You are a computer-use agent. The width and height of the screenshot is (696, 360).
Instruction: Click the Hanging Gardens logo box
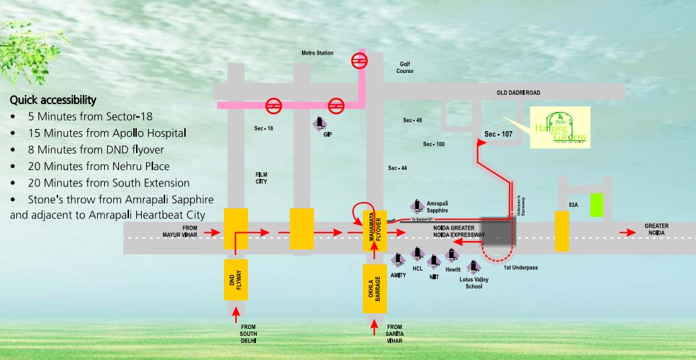point(560,128)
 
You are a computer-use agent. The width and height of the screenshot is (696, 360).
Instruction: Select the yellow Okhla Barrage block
point(374,288)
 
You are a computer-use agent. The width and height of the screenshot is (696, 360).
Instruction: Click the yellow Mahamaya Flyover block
point(374,230)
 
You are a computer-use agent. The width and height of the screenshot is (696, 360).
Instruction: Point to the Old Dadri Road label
point(518,93)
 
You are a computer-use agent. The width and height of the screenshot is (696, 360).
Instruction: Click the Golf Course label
point(405,67)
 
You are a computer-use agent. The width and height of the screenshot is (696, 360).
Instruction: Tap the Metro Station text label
point(317,53)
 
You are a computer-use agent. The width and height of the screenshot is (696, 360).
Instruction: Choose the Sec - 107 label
point(499,134)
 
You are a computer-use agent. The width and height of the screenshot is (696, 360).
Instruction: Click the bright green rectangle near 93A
point(597,205)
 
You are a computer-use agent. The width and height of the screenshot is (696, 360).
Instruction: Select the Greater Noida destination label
point(656,230)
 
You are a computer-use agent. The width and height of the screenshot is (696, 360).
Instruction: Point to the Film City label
point(262,177)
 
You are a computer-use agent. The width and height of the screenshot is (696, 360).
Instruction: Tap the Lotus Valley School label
point(475,282)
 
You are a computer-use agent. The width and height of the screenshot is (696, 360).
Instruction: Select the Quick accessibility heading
point(53,100)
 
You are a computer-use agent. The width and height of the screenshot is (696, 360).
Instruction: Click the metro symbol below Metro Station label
point(360,61)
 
